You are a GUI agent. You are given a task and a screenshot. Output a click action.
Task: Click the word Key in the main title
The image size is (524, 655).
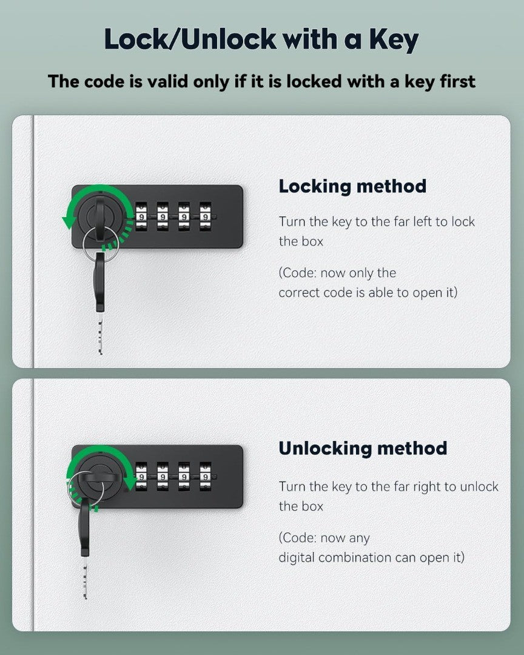coord(393,40)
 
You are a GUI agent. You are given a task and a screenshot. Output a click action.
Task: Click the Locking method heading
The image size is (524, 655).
coord(352,186)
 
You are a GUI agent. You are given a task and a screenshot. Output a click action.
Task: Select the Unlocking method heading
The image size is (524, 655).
coord(363,448)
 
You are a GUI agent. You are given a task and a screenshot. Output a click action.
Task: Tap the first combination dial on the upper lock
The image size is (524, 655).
coord(141,217)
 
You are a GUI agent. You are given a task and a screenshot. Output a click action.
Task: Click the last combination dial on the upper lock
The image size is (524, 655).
coord(205,217)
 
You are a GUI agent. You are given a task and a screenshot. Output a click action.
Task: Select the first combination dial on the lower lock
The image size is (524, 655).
coord(141,476)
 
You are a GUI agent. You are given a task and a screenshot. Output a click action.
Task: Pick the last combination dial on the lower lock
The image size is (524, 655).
coord(205,476)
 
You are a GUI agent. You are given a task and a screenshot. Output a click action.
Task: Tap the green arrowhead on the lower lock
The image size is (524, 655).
coord(130,483)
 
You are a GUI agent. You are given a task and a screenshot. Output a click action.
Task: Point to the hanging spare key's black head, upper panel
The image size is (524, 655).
coord(100,282)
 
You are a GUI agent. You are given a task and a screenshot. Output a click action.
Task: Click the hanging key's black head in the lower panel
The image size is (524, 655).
coord(85,526)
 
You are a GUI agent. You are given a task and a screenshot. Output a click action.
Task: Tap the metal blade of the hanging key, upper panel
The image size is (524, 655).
coord(100,334)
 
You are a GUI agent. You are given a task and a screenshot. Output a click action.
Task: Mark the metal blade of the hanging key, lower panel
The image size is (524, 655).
coord(86,578)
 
